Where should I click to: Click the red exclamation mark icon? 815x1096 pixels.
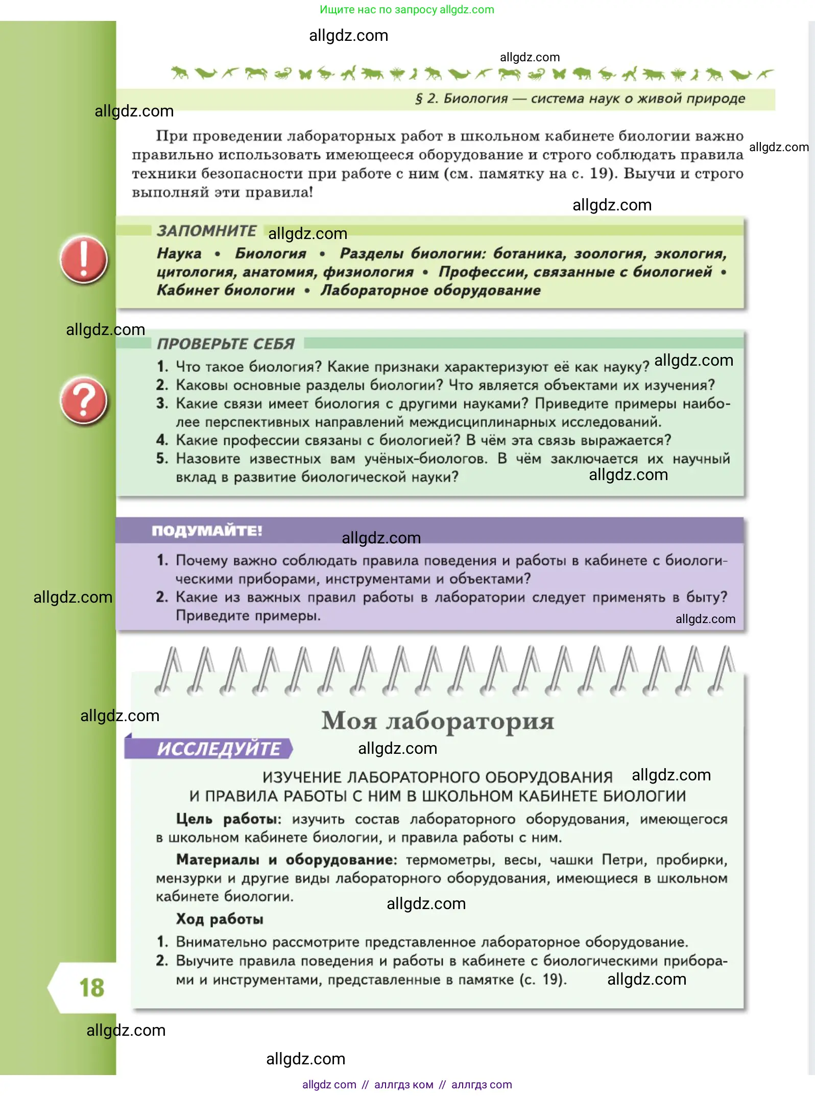(83, 259)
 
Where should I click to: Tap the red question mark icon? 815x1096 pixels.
(83, 401)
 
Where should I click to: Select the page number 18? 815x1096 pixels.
(92, 988)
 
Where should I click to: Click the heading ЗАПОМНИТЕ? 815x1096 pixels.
(206, 231)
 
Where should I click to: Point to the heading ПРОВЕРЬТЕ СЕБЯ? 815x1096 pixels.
(226, 344)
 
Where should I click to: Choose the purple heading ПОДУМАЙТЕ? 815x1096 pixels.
(207, 531)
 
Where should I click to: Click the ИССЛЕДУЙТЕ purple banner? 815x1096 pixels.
(218, 749)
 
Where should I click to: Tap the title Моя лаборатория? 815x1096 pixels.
(437, 721)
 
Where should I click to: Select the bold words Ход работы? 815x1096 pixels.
(220, 919)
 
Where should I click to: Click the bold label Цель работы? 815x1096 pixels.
(228, 819)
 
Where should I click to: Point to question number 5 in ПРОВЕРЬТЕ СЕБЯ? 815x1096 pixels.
(162, 458)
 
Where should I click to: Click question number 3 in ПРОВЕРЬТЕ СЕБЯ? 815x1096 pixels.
(162, 403)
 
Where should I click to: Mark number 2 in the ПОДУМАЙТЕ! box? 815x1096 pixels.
(162, 597)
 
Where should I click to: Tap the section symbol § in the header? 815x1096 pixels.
(419, 99)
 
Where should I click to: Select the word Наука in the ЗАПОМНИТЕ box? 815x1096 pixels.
(179, 253)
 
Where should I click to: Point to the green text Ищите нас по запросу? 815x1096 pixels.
(378, 9)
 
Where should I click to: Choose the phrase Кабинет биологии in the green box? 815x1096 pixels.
(226, 290)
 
